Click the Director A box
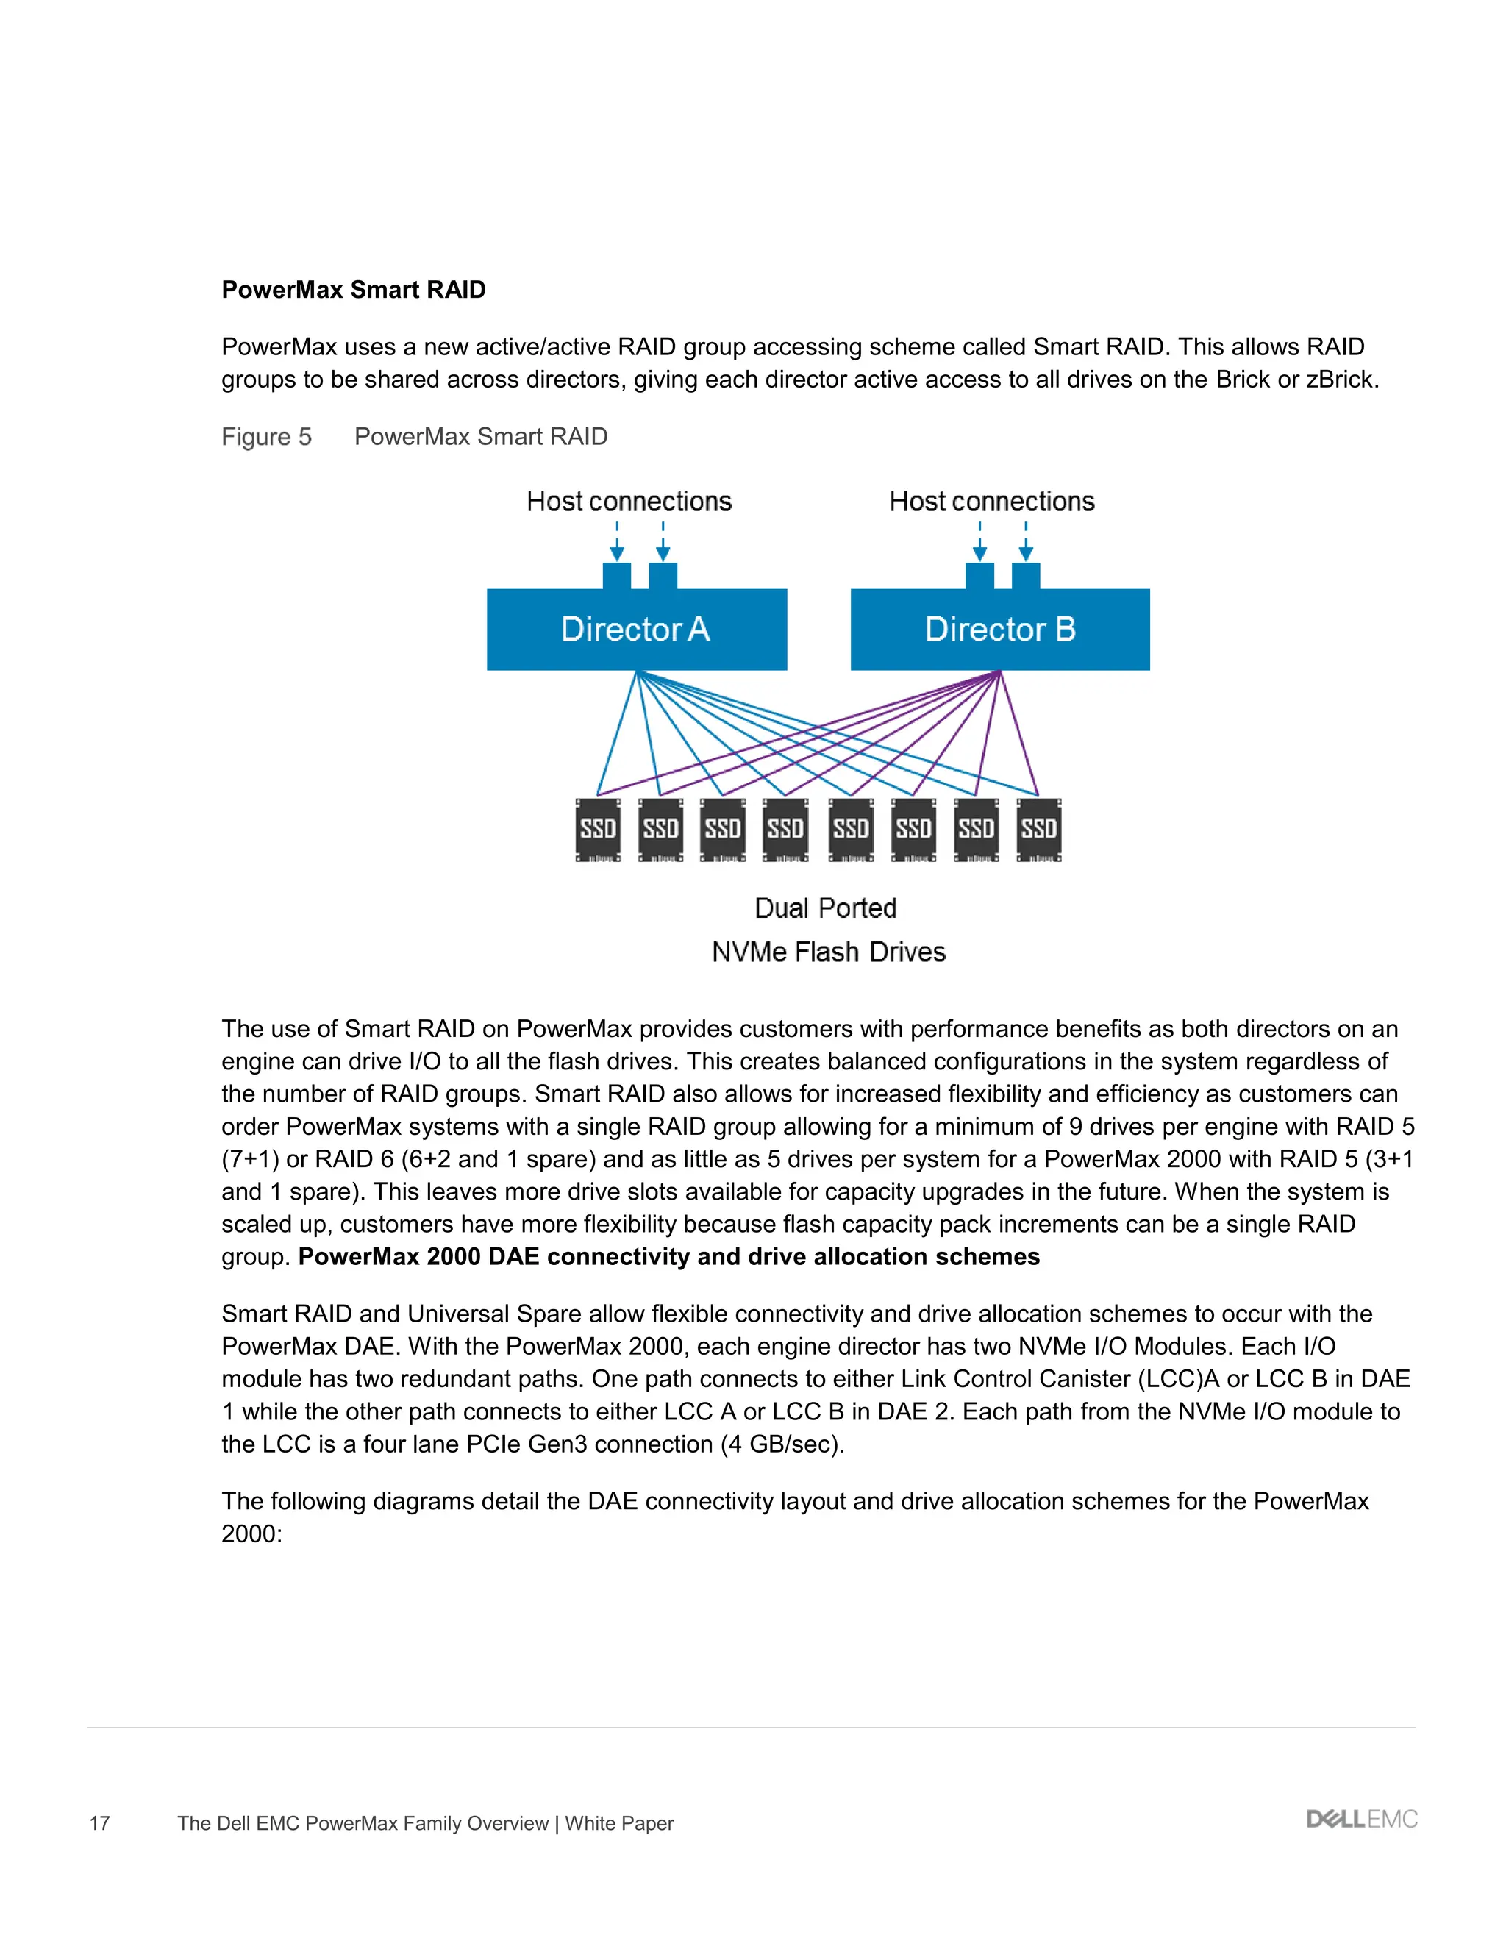point(636,629)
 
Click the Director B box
point(999,629)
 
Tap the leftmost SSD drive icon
point(598,830)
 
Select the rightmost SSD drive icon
point(1038,830)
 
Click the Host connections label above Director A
point(629,502)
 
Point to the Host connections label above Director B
point(991,502)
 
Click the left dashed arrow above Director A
point(616,542)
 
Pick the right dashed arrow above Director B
point(1026,542)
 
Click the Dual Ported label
point(825,908)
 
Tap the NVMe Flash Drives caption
point(828,952)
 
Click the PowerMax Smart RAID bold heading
point(353,290)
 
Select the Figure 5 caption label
point(267,436)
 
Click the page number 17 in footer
point(99,1823)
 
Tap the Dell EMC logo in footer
point(1361,1819)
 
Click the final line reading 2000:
point(251,1534)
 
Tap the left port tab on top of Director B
point(979,576)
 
